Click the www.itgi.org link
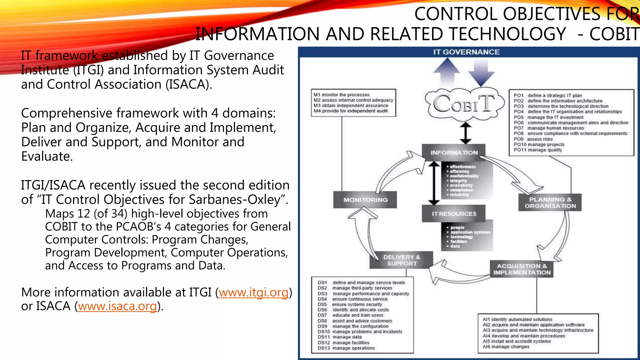253,292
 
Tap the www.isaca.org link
117,306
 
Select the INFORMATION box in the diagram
454,152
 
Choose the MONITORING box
365,200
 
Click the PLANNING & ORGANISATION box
550,202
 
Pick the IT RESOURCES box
454,214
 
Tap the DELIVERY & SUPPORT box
402,260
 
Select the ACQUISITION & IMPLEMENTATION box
522,269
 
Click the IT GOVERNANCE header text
466,52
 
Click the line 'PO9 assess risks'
533,139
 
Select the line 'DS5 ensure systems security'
350,304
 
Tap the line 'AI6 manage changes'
506,347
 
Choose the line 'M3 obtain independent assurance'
351,106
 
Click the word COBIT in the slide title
614,34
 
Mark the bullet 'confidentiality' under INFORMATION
464,176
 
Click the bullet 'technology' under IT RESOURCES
462,237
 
